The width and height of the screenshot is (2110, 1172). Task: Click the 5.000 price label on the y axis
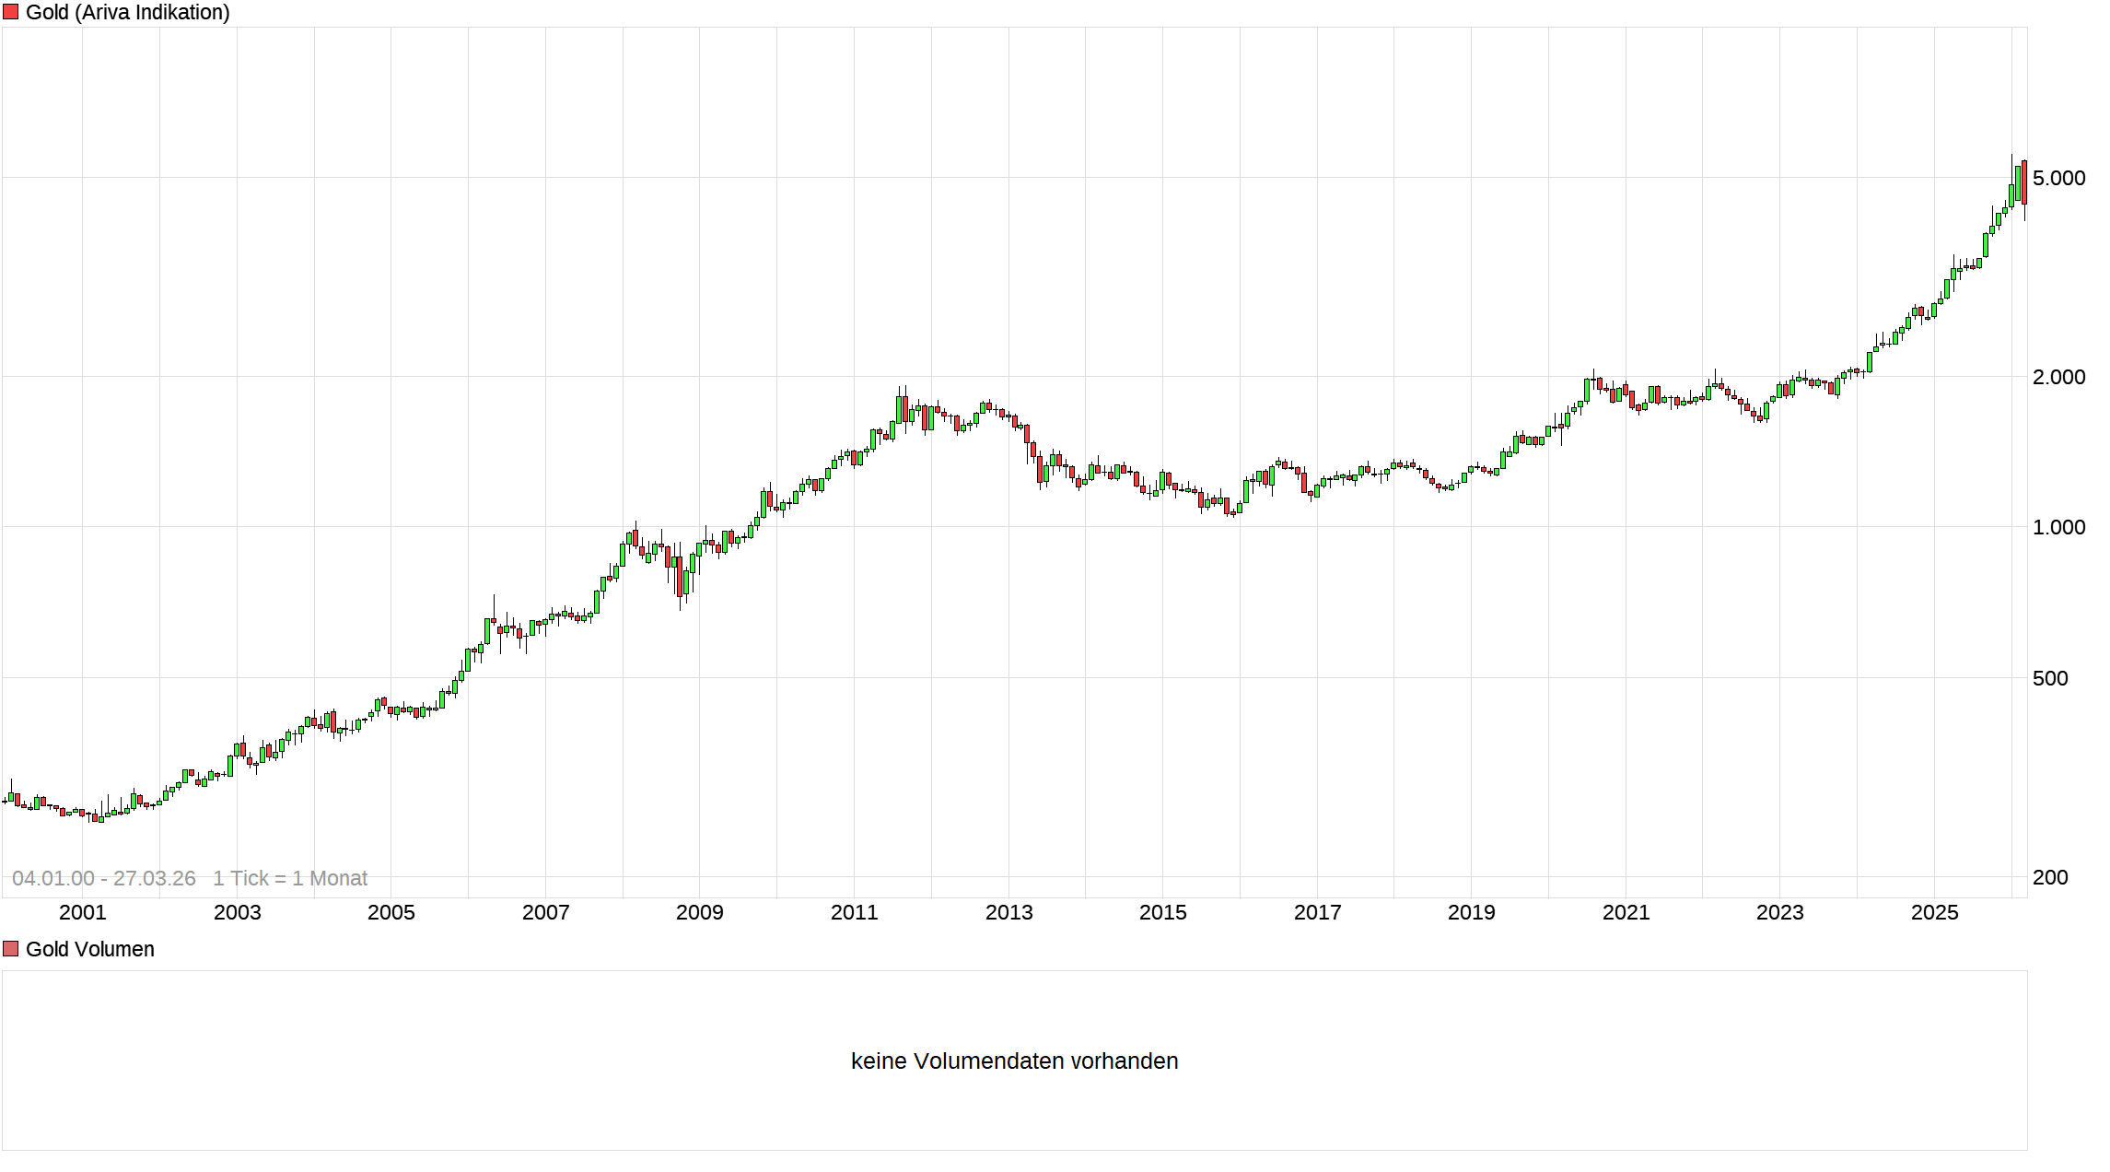[2058, 178]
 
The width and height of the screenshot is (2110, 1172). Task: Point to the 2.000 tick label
[2058, 377]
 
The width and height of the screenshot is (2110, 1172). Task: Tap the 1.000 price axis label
[2058, 527]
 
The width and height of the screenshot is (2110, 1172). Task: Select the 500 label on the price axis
[2050, 678]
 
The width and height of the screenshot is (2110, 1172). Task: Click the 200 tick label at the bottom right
[2050, 877]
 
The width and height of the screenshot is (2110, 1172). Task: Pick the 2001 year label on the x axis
[83, 912]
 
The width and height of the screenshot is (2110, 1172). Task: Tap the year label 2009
[700, 912]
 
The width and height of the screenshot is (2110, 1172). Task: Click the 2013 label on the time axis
[1009, 912]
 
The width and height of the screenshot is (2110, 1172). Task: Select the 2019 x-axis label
[1472, 912]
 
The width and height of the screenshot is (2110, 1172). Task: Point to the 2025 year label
[1935, 912]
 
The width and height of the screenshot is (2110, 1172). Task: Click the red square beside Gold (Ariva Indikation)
[11, 12]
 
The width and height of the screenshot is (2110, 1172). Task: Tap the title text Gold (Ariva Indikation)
[128, 12]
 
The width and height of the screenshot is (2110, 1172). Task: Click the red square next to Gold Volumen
[11, 949]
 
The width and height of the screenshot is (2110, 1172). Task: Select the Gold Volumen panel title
[90, 949]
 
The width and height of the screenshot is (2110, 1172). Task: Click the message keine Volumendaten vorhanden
[1014, 1061]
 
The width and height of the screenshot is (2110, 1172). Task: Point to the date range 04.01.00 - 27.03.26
[104, 878]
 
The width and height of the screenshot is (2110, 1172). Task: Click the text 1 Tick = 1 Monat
[290, 878]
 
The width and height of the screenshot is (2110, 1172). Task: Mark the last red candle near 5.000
[2024, 182]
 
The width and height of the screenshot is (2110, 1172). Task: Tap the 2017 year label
[1318, 912]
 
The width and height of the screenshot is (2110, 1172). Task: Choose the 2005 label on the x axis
[391, 912]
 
